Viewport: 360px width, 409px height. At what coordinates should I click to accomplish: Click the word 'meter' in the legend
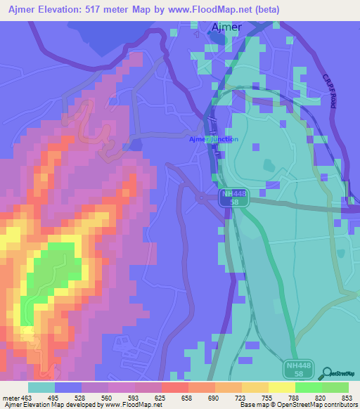pyautogui.click(x=11, y=398)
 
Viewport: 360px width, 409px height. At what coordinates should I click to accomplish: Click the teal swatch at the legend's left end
pyautogui.click(x=41, y=387)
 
